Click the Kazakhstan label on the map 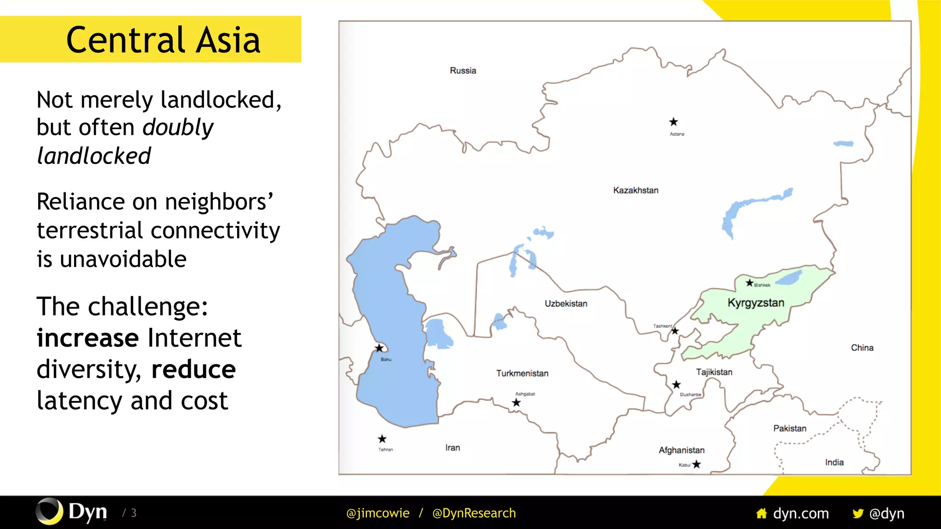(x=635, y=190)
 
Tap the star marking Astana (x=674, y=122)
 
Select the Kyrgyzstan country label (x=756, y=303)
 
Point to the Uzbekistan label (x=566, y=304)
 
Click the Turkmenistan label (x=522, y=373)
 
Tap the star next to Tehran (x=382, y=439)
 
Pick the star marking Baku (x=379, y=348)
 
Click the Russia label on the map (x=463, y=71)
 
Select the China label (x=862, y=348)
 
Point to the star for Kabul (x=697, y=464)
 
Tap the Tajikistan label (x=714, y=372)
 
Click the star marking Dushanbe (x=676, y=384)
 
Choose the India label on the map (x=834, y=462)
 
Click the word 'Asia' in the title (x=228, y=40)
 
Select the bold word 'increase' (x=88, y=338)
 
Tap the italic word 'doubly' (x=178, y=127)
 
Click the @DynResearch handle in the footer (x=474, y=513)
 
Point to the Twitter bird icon (x=857, y=513)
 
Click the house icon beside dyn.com (x=761, y=513)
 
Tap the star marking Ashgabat (x=516, y=403)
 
